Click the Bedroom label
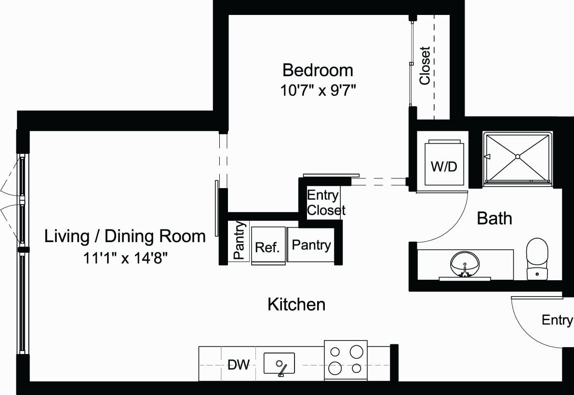(318, 70)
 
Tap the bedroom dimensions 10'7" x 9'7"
(318, 90)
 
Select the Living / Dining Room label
(125, 236)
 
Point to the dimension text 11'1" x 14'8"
(125, 258)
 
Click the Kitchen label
(296, 304)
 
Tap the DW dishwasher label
(239, 365)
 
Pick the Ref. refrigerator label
(267, 247)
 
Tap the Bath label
(494, 218)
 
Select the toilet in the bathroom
(537, 258)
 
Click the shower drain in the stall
(517, 156)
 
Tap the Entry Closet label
(326, 203)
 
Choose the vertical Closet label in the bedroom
(425, 66)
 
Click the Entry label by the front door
(557, 320)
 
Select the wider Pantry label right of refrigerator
(311, 245)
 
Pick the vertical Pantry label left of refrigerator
(239, 241)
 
